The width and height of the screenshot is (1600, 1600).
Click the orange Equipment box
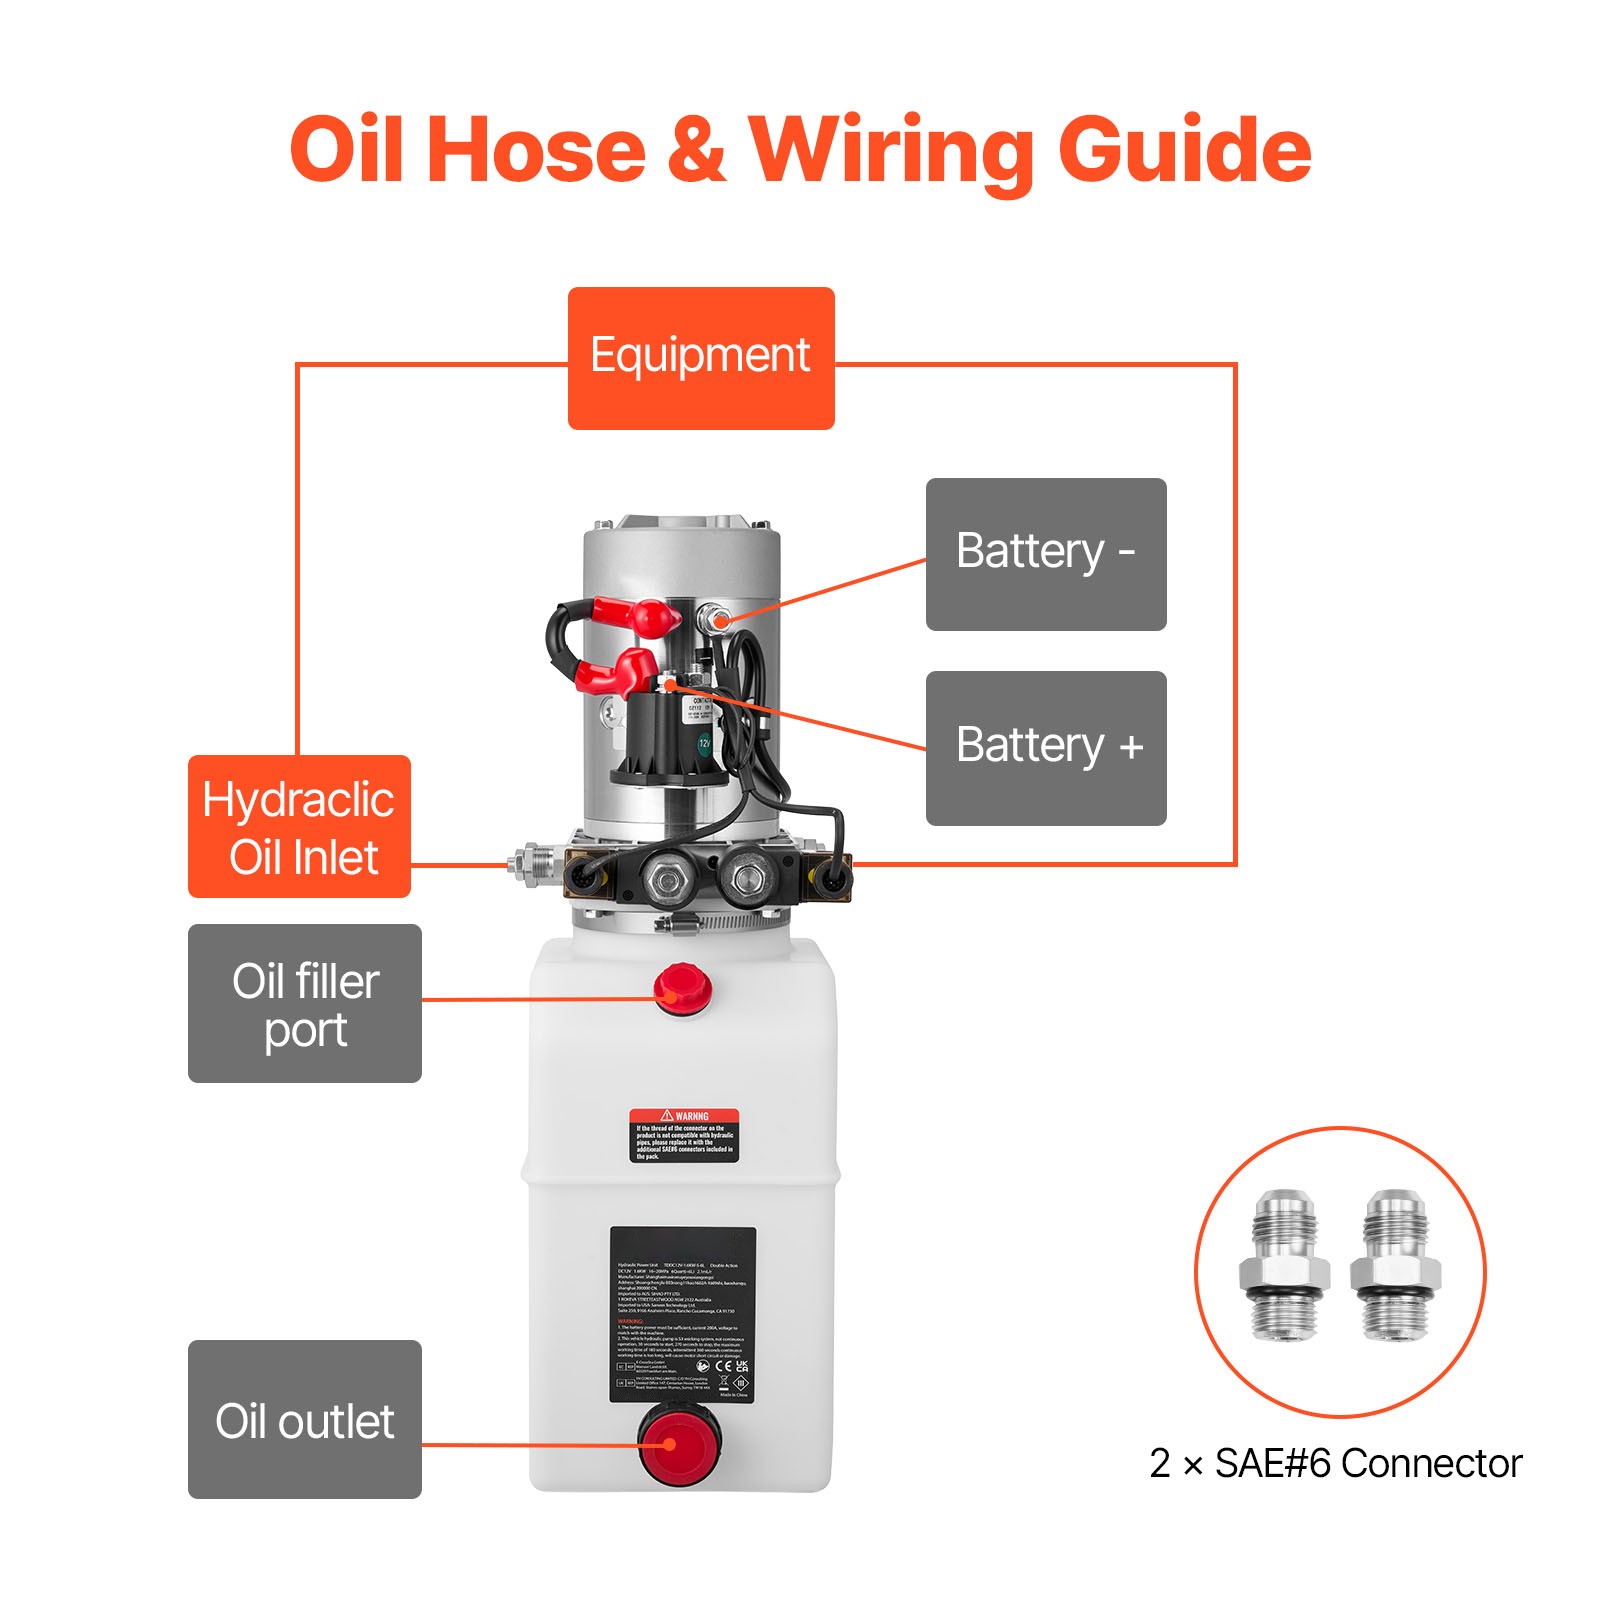700,358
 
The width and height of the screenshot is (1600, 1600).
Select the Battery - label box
1045,554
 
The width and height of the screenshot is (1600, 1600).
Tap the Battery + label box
1045,748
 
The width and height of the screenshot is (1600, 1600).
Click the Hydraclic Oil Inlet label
299,826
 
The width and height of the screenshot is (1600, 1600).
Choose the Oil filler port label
304,1003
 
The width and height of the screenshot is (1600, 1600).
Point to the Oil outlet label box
304,1419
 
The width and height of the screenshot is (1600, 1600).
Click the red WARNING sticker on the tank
684,1135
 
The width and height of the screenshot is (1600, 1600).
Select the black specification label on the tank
683,1314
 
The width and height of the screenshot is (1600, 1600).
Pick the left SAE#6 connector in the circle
1284,1264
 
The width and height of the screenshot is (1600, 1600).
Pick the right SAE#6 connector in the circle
1395,1264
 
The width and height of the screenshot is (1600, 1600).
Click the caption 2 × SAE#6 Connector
1335,1463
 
